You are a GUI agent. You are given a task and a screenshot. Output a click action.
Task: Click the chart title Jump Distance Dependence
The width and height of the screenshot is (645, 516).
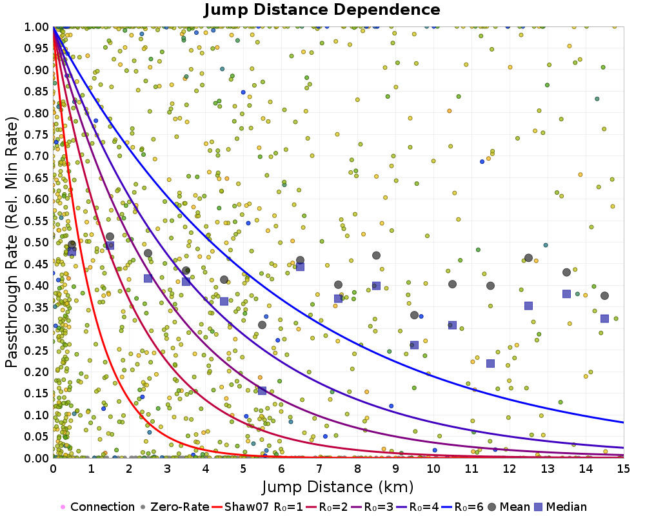tap(322, 10)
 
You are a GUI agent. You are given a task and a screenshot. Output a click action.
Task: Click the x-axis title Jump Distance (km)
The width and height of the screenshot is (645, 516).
tap(338, 486)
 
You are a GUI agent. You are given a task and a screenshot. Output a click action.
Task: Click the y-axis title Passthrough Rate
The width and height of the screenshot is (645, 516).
tap(12, 241)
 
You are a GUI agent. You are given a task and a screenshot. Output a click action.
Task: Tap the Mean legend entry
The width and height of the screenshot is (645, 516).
tap(504, 507)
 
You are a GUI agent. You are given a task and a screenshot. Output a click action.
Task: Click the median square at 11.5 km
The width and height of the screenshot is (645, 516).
tap(490, 363)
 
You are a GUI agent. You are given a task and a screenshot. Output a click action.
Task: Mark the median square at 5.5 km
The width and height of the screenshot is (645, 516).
tap(262, 391)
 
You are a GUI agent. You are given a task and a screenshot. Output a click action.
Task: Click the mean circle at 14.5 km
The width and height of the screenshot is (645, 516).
tap(604, 295)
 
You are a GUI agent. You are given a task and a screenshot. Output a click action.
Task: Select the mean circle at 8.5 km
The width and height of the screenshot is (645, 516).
tap(376, 255)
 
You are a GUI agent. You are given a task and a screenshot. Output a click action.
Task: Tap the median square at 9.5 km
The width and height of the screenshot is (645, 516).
tap(414, 344)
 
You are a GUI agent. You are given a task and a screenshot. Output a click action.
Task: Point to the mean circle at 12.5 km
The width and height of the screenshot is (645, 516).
tap(528, 258)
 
